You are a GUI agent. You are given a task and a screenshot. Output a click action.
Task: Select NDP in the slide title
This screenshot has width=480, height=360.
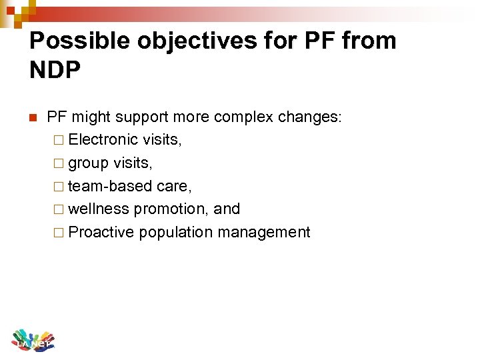pos(55,70)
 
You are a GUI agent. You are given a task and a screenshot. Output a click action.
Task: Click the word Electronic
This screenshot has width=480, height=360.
pos(103,139)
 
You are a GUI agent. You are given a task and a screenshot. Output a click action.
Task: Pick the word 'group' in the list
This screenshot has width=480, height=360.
pos(89,163)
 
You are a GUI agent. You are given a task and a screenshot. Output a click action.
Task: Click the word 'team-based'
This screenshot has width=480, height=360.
pos(110,186)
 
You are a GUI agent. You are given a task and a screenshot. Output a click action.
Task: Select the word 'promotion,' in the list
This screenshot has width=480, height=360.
pos(171,209)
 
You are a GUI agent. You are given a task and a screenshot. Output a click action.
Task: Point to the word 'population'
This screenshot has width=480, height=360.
pos(175,232)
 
